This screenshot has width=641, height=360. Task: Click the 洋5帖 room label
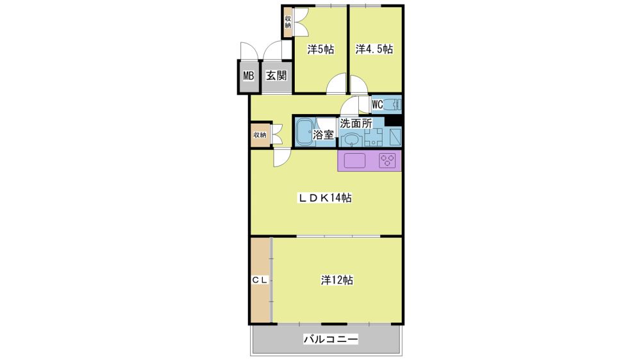coord(320,49)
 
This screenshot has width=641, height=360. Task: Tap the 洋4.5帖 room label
coord(374,49)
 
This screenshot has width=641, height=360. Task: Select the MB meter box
coord(249,76)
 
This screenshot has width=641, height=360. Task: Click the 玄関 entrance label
coord(276,76)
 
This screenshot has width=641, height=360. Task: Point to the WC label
coord(378,104)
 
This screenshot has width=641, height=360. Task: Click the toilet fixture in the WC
coord(393,104)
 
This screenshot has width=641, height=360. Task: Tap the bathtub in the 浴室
coord(304,131)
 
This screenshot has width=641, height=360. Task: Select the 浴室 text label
coord(323,135)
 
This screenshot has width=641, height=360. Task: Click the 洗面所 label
coord(356,123)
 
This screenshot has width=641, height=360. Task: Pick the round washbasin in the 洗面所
coord(351,140)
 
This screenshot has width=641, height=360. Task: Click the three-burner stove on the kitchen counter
coord(388,161)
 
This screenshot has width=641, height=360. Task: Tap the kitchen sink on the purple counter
coord(354,161)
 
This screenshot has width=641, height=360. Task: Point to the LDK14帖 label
coord(324,198)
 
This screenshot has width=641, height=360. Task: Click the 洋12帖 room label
coord(337,281)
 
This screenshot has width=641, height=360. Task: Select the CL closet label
coord(259,281)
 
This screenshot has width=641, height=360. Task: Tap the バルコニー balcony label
coord(331,339)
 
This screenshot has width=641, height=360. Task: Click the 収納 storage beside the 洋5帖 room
coord(288,22)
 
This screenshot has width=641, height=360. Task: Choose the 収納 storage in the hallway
coord(260,135)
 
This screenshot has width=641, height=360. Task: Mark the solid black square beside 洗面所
coord(394,121)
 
